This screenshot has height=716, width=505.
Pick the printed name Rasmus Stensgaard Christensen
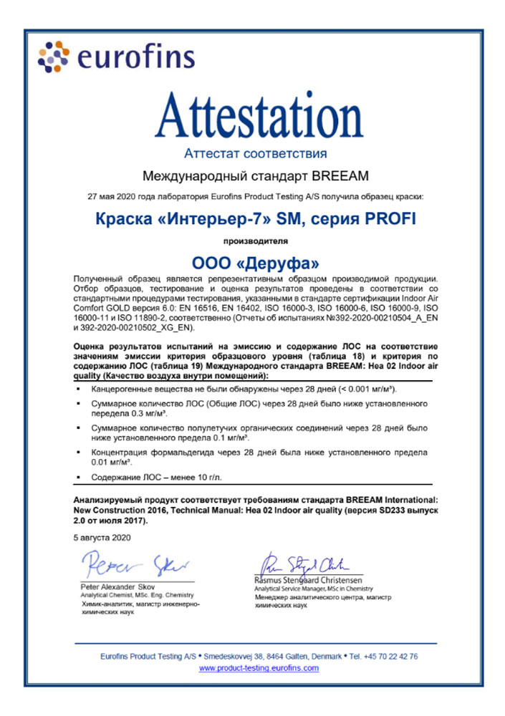[x=309, y=579]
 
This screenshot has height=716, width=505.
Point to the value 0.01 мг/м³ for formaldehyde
[x=115, y=462]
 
